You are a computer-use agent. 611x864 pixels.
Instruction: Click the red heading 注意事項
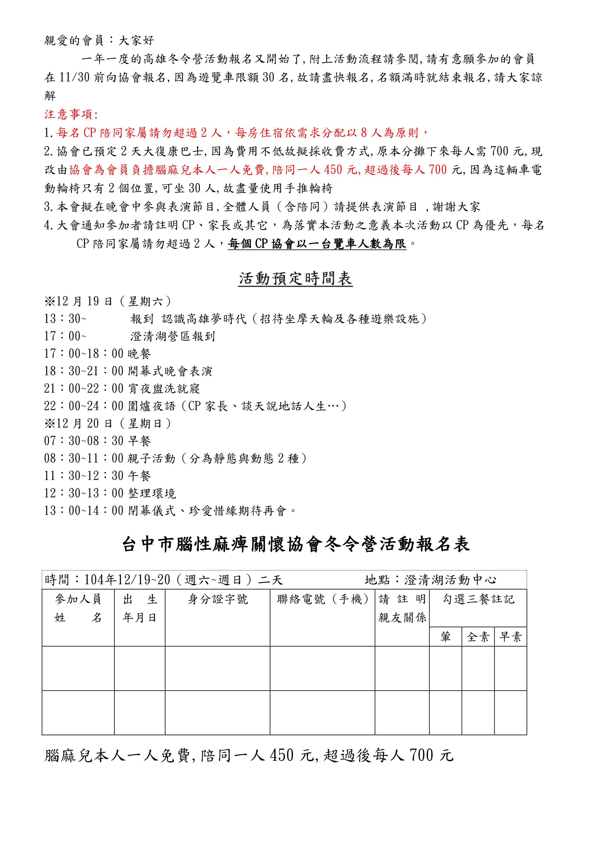(70, 114)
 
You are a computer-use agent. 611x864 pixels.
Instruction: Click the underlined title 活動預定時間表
(295, 279)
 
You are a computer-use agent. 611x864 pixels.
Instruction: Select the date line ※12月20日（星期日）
(108, 424)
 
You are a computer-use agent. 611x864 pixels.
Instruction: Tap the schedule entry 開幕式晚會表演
(170, 371)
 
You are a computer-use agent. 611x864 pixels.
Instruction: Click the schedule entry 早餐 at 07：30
(140, 441)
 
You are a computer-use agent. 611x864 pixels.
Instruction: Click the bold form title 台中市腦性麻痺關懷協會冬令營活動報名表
(296, 545)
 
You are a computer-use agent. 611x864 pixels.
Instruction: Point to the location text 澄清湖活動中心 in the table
(450, 580)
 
